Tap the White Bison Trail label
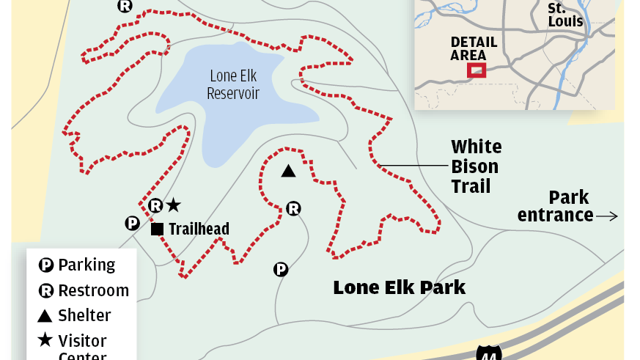476,166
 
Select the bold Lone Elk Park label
399,287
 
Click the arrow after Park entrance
607,216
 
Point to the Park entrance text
555,206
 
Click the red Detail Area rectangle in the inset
477,70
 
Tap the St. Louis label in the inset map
565,15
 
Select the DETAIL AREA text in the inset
474,48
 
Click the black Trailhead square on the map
157,229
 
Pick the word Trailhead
199,229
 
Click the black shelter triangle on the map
289,172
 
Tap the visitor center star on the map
173,205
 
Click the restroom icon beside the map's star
155,205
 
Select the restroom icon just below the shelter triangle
293,208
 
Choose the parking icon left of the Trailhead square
132,223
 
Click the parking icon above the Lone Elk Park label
281,270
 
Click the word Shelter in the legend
84,316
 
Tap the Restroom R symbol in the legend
45,291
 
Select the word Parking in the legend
87,265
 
